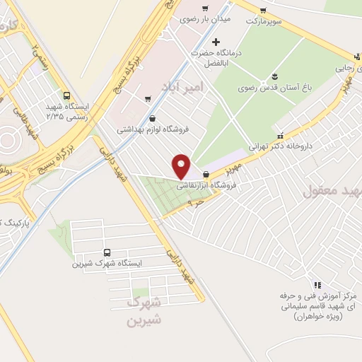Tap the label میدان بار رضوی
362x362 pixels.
[x=205, y=20]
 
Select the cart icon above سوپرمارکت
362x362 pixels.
[x=263, y=10]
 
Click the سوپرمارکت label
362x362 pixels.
[x=263, y=21]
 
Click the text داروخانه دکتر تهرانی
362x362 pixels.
[x=281, y=146]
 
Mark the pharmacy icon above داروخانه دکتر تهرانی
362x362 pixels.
[x=281, y=135]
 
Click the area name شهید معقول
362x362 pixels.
[x=332, y=191]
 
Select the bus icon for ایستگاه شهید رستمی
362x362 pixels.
[x=66, y=95]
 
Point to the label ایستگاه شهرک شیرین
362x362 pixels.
[x=107, y=263]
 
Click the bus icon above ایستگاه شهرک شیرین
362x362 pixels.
[x=107, y=252]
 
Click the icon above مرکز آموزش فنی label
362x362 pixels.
[x=317, y=284]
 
